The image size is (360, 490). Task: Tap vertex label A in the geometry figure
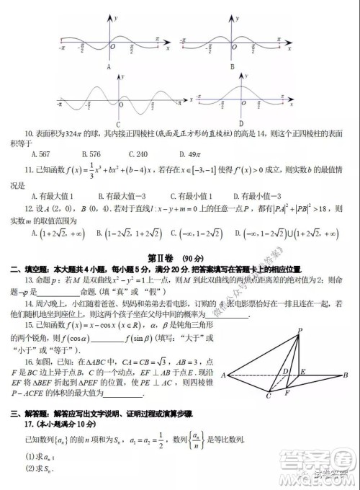pyautogui.click(x=223, y=375)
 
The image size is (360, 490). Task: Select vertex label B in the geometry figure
pyautogui.click(x=346, y=375)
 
